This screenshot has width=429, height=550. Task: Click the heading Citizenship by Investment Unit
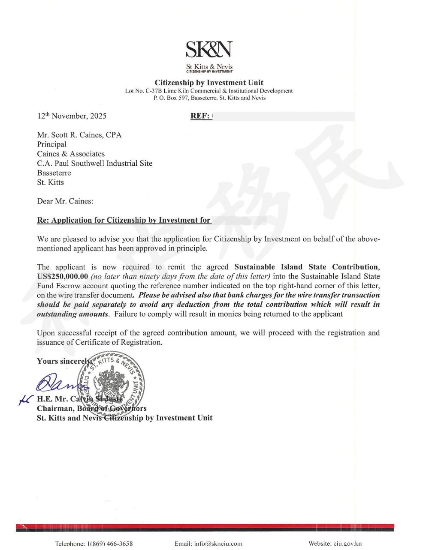click(x=209, y=83)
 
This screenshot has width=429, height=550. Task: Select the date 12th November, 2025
click(x=72, y=116)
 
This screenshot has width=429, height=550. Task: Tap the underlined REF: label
click(x=200, y=116)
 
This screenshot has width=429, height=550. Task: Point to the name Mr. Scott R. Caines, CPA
click(x=79, y=135)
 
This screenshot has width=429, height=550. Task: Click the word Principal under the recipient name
click(x=51, y=144)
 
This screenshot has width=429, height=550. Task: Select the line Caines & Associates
click(x=71, y=154)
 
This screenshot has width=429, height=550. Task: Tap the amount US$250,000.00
click(x=63, y=276)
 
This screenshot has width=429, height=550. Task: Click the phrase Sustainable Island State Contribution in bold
click(x=306, y=267)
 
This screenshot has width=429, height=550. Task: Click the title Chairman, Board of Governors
click(x=92, y=408)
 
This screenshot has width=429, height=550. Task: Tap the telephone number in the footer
click(x=94, y=544)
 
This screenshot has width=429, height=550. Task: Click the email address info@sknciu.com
click(x=208, y=544)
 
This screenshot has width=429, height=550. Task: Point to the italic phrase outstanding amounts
click(x=72, y=314)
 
